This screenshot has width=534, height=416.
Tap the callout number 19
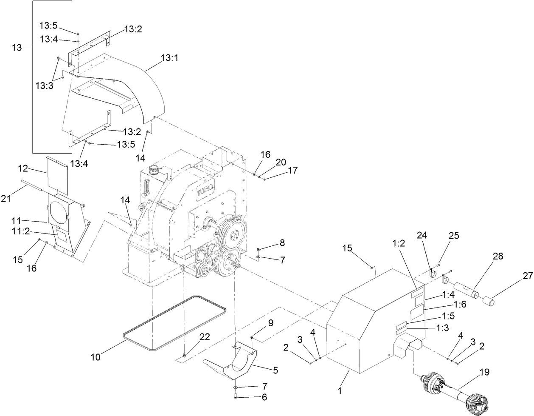484,373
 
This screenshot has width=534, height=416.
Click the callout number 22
205,337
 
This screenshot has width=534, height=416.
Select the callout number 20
281,162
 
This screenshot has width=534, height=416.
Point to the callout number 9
271,323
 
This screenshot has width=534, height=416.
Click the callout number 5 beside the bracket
275,370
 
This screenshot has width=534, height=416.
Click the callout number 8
282,243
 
